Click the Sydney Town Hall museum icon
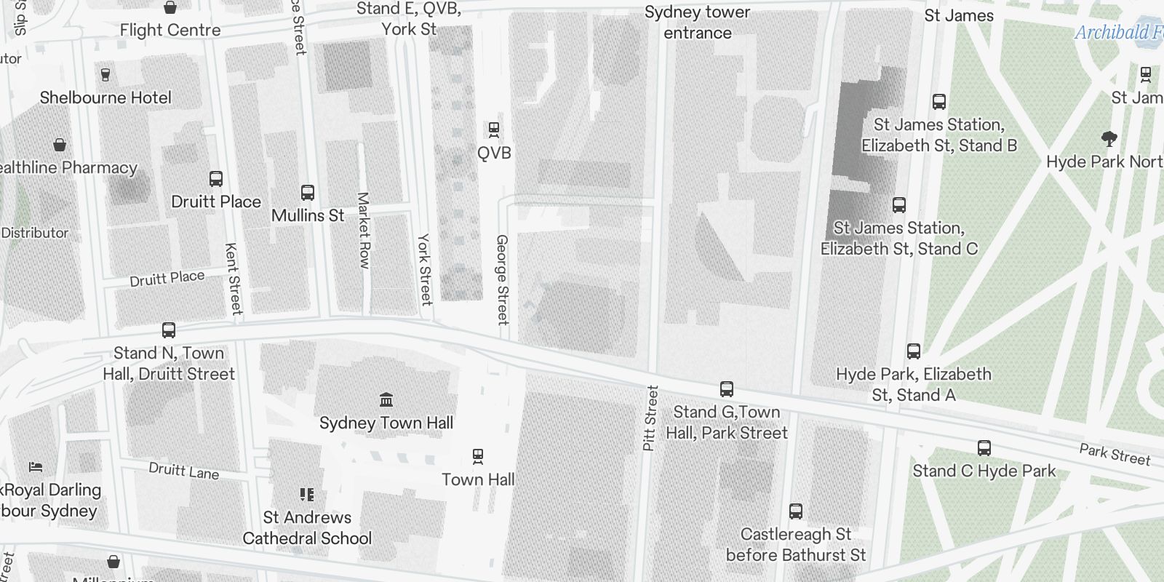point(386,399)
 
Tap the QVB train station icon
point(494,130)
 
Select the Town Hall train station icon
point(478,456)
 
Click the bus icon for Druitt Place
point(216,179)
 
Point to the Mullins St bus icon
point(308,193)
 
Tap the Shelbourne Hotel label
point(105,97)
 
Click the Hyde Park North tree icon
point(1109,138)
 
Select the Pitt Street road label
point(650,418)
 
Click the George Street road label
point(502,279)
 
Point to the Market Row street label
point(364,230)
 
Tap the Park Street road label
point(1115,454)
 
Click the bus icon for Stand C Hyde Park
point(984,448)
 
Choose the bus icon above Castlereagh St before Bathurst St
point(796,511)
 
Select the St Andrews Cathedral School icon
point(307,495)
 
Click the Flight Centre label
point(170,30)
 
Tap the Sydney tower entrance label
point(697,23)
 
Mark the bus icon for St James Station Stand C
point(899,205)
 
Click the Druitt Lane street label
point(184,471)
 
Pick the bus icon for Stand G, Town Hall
point(726,389)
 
